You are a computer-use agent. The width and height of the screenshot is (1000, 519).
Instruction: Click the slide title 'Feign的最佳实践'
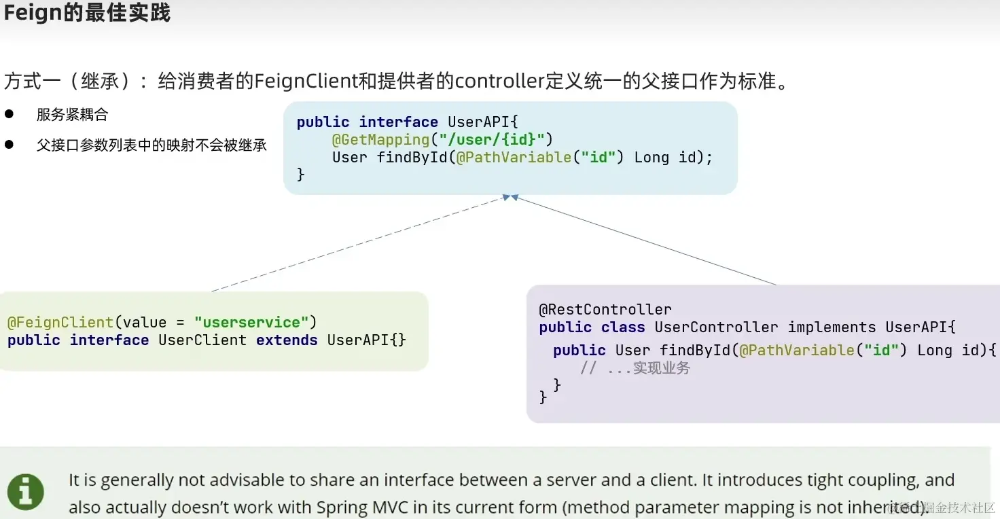pyautogui.click(x=88, y=13)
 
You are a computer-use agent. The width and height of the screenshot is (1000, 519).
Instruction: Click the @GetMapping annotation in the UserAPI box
pyautogui.click(x=380, y=139)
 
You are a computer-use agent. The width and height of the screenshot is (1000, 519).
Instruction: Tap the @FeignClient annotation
pyautogui.click(x=60, y=322)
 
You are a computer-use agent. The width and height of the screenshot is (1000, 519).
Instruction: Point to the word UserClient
pyautogui.click(x=202, y=340)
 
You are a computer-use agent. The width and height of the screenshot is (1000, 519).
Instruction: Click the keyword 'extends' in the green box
pyautogui.click(x=287, y=340)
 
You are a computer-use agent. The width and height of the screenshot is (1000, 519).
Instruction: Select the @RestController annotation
pyautogui.click(x=605, y=310)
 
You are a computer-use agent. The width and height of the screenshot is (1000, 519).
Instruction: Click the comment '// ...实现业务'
pyautogui.click(x=635, y=368)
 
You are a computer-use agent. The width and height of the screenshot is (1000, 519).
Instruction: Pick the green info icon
pyautogui.click(x=26, y=492)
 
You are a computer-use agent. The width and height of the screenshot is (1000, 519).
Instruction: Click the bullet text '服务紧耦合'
pyautogui.click(x=72, y=115)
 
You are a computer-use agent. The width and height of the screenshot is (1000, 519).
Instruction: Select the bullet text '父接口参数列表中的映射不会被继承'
pyautogui.click(x=151, y=145)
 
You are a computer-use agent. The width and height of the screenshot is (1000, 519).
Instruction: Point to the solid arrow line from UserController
pyautogui.click(x=645, y=240)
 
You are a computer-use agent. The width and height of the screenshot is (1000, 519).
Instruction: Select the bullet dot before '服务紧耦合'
pyautogui.click(x=10, y=113)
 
